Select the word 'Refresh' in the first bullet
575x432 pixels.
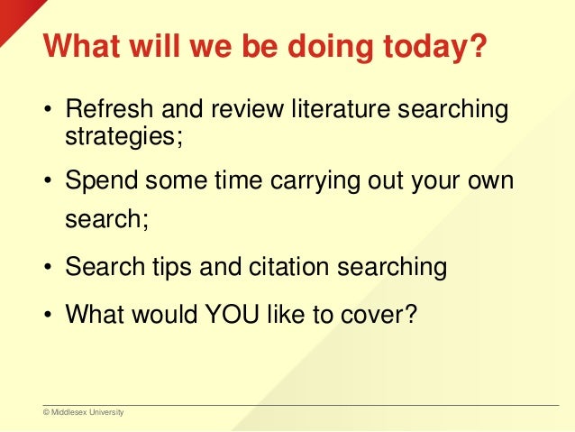[103, 114]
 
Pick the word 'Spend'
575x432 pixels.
[96, 182]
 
